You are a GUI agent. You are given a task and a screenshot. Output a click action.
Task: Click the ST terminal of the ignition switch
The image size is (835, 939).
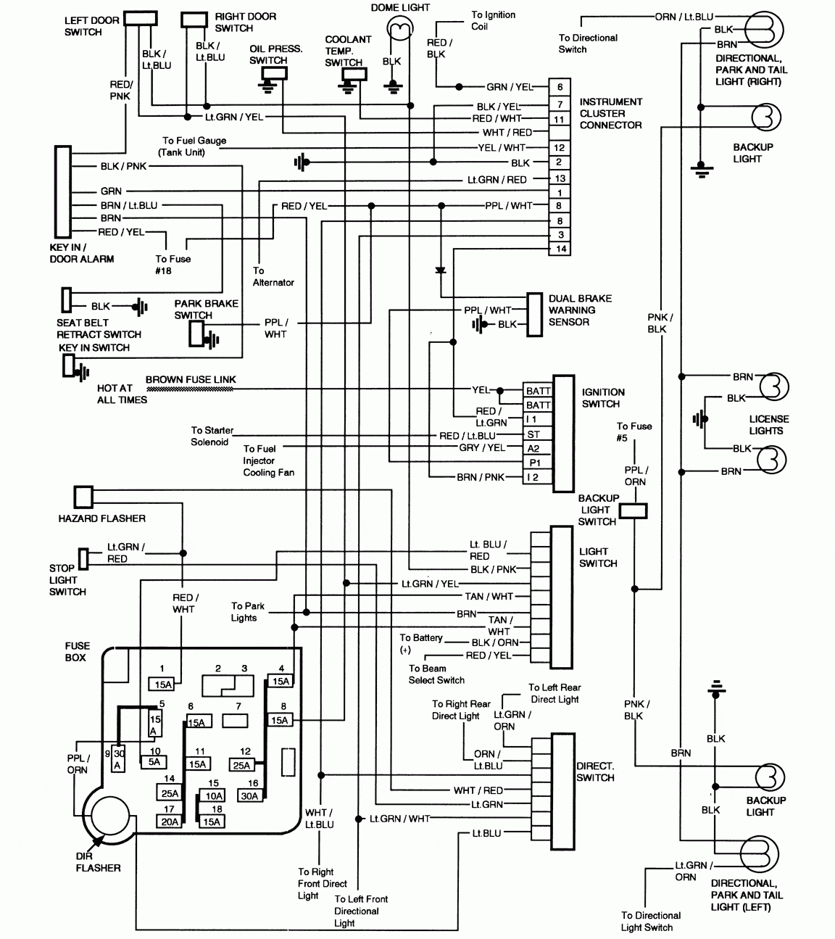[x=538, y=434]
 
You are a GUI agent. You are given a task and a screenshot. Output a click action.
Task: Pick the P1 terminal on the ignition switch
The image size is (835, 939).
[x=538, y=463]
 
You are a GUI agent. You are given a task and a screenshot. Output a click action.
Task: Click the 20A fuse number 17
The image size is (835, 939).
[x=169, y=822]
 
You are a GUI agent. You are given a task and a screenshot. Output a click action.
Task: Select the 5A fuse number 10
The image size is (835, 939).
[x=154, y=761]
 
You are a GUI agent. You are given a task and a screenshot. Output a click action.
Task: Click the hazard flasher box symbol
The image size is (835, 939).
[x=83, y=497]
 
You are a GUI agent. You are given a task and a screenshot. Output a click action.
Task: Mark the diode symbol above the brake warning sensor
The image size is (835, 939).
[x=440, y=270]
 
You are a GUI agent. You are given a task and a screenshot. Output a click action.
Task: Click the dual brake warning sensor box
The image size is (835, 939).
[x=535, y=315]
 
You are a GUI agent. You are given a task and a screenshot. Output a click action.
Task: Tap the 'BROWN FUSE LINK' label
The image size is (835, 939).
[x=191, y=379]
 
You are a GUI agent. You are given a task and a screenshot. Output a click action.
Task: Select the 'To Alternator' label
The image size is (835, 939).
[x=273, y=276]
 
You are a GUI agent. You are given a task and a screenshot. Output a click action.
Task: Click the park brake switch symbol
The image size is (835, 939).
[x=196, y=333]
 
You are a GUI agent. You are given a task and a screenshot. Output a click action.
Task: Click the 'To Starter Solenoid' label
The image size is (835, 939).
[x=212, y=436]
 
